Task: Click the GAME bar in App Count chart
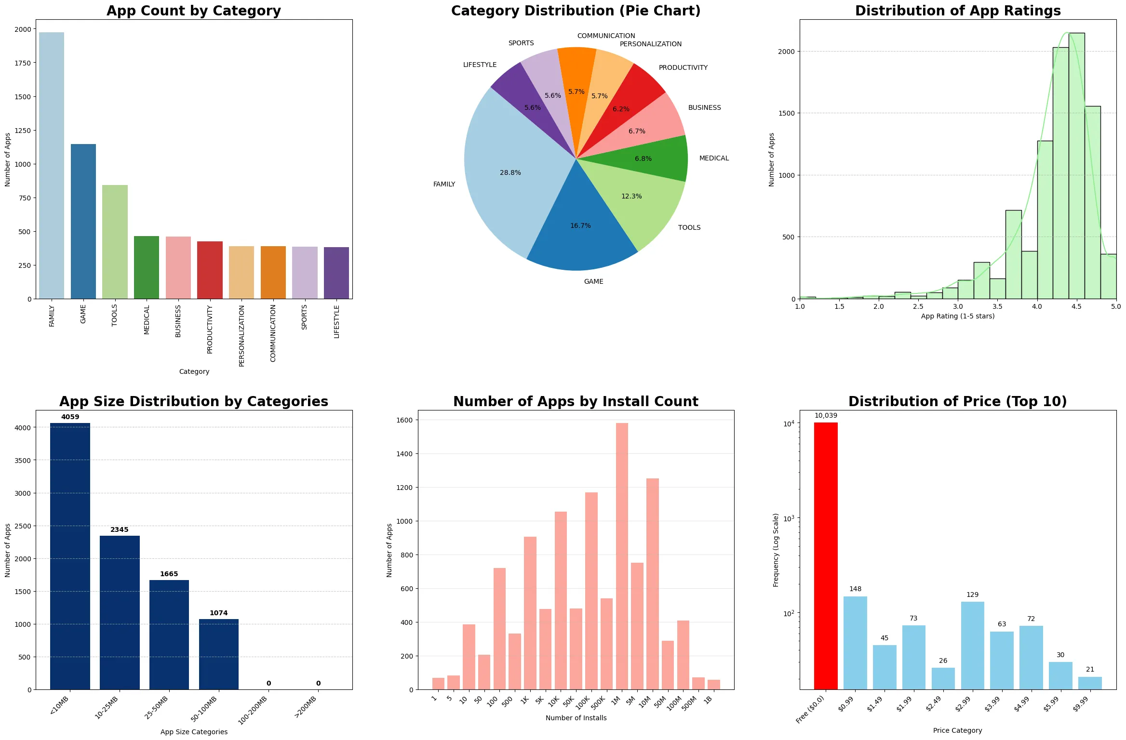(83, 222)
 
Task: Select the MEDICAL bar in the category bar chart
(147, 267)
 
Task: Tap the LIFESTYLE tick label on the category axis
(336, 322)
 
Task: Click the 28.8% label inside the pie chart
(510, 172)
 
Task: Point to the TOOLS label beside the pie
(689, 227)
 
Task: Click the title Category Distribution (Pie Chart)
(576, 11)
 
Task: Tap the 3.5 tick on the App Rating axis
(997, 306)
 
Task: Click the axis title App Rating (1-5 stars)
(957, 316)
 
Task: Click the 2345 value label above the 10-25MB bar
(120, 529)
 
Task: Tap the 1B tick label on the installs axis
(708, 700)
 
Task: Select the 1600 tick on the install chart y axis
(405, 420)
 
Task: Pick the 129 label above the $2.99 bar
(972, 595)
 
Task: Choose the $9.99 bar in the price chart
(1090, 683)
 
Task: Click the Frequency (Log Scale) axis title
(776, 550)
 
